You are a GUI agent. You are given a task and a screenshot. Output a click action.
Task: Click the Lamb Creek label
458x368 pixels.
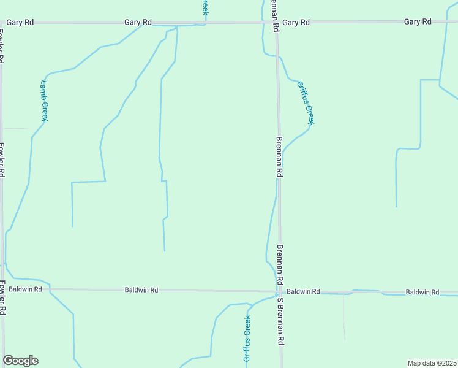(x=44, y=101)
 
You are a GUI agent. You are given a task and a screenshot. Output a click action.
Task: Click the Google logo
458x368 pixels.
(x=20, y=361)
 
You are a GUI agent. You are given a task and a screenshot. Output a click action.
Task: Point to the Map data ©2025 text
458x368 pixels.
(x=432, y=362)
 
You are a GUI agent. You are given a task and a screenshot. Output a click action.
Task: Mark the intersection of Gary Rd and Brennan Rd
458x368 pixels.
(x=276, y=23)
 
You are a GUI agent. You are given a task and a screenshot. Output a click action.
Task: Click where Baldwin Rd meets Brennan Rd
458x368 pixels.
(x=279, y=291)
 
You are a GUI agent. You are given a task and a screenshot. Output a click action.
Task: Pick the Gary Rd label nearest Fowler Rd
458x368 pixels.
(x=20, y=22)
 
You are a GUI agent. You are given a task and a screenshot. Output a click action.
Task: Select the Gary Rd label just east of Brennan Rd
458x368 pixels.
(x=296, y=22)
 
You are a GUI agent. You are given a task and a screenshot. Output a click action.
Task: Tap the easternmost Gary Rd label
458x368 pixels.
(x=418, y=21)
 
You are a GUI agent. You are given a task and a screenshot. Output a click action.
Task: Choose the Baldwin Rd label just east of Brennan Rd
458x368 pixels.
(x=303, y=292)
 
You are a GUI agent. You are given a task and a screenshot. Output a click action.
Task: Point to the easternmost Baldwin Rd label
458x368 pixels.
(x=422, y=292)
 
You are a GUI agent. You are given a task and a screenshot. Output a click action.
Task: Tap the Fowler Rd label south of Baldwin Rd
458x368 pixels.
(x=2, y=297)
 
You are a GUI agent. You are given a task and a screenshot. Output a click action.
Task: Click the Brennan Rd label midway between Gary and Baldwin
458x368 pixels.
(x=279, y=157)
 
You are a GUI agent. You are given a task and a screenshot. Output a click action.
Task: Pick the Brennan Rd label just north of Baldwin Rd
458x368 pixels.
(x=280, y=264)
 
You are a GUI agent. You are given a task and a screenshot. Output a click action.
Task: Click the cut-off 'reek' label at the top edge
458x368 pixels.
(x=205, y=7)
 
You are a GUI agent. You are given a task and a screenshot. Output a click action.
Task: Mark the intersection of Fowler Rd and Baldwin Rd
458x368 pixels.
(x=3, y=288)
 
